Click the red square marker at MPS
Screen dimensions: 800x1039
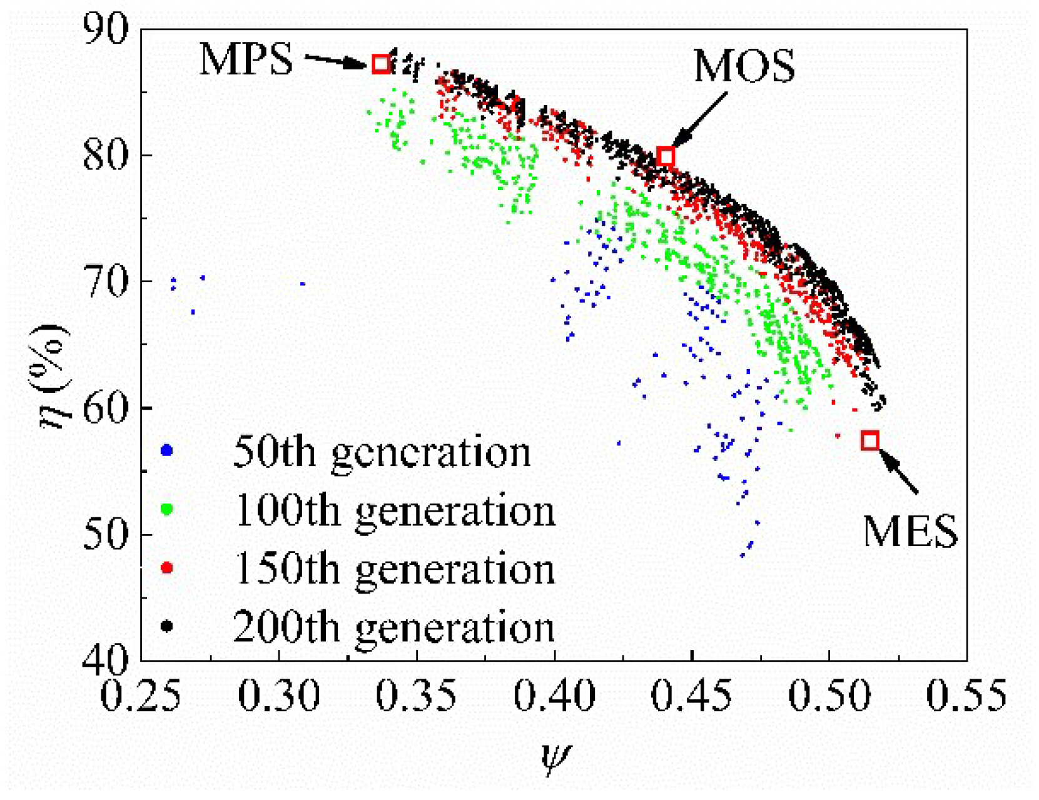[381, 64]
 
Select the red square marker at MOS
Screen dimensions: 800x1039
[666, 156]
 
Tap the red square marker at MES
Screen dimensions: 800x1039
[869, 440]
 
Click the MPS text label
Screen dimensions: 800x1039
[246, 60]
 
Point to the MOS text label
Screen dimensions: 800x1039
[744, 66]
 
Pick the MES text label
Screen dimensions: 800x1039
[910, 532]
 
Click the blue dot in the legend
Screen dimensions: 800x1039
[166, 450]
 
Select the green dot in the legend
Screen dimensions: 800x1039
[166, 509]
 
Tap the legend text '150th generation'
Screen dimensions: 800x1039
[394, 569]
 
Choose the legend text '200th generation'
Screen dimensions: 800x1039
[394, 627]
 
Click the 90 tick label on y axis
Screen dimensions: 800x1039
[106, 29]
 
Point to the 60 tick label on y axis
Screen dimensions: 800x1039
[106, 408]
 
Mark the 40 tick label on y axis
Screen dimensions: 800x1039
[106, 659]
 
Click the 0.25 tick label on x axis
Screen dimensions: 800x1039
[141, 696]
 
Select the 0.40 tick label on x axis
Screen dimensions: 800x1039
[554, 696]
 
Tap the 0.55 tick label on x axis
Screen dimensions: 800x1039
[966, 696]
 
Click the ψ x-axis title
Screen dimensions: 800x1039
[555, 758]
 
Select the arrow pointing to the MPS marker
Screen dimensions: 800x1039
[337, 61]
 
